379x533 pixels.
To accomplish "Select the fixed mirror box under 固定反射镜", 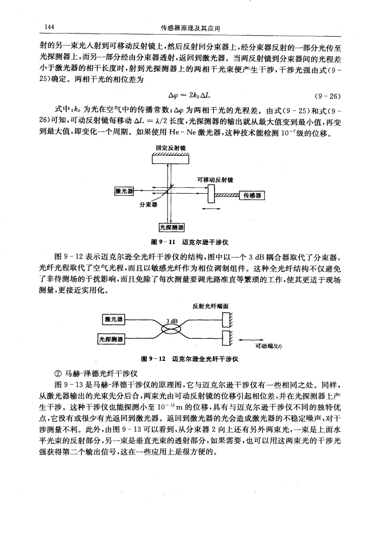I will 169,157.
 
